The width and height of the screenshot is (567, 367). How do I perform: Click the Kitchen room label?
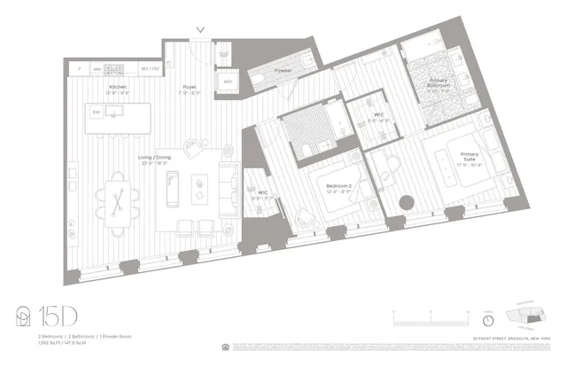pos(118,88)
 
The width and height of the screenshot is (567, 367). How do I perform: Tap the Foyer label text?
pos(190,87)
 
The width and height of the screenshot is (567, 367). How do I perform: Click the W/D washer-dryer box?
pos(227,82)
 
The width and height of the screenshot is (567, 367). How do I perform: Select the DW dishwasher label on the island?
pos(97,112)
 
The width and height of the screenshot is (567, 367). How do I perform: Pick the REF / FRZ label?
pos(151,68)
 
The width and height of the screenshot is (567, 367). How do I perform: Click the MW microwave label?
pos(97,68)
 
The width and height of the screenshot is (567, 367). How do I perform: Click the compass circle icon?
pos(488,320)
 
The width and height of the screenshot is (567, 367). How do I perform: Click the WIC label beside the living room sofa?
pos(263,191)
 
